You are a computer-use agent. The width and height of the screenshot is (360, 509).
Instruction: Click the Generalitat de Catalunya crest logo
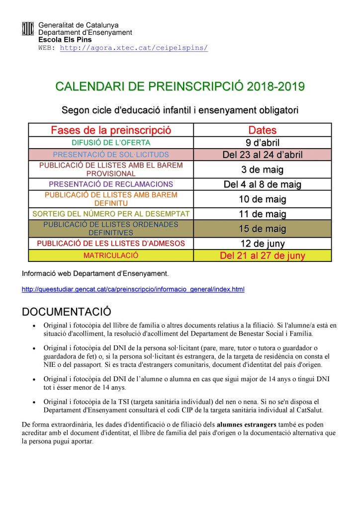pyautogui.click(x=28, y=29)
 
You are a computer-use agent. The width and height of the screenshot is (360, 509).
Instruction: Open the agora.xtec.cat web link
pyautogui.click(x=134, y=48)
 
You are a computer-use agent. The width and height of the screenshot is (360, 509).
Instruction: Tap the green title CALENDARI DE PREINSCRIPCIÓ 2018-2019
pyautogui.click(x=180, y=87)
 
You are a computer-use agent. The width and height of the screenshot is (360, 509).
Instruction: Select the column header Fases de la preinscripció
pyautogui.click(x=111, y=131)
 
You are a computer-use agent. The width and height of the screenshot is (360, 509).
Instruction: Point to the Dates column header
pyautogui.click(x=262, y=131)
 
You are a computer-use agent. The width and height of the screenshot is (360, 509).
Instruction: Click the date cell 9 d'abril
pyautogui.click(x=262, y=143)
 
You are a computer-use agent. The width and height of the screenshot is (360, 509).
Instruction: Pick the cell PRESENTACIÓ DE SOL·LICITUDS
pyautogui.click(x=111, y=155)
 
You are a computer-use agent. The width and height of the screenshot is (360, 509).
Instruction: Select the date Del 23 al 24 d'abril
pyautogui.click(x=262, y=155)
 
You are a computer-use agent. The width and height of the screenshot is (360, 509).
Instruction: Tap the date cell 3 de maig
pyautogui.click(x=262, y=170)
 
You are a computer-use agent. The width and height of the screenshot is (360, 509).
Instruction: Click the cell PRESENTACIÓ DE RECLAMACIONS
pyautogui.click(x=111, y=184)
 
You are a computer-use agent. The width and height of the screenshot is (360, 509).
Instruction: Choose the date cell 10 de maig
pyautogui.click(x=262, y=199)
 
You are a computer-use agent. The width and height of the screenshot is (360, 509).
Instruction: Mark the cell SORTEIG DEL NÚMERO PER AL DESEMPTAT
pyautogui.click(x=111, y=214)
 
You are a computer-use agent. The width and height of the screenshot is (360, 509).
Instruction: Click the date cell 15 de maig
pyautogui.click(x=262, y=229)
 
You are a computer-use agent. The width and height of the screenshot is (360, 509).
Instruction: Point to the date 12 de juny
pyautogui.click(x=262, y=244)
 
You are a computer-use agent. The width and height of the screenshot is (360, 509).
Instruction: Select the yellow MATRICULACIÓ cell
pyautogui.click(x=111, y=255)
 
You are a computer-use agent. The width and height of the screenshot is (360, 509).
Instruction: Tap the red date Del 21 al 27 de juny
pyautogui.click(x=262, y=256)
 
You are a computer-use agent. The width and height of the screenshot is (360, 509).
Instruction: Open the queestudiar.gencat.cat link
pyautogui.click(x=133, y=289)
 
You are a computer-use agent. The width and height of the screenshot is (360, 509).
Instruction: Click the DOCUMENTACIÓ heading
pyautogui.click(x=66, y=312)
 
